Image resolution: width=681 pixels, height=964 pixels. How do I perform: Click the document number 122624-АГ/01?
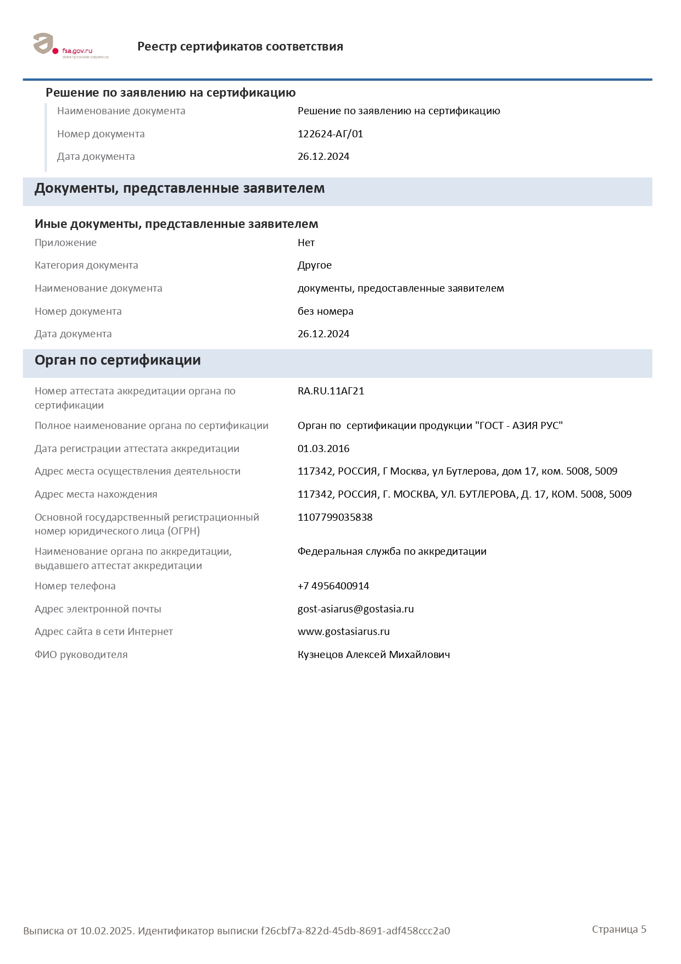[x=330, y=134]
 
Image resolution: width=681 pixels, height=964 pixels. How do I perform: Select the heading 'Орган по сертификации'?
[x=118, y=360]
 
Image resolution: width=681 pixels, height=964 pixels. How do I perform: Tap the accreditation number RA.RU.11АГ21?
[x=331, y=391]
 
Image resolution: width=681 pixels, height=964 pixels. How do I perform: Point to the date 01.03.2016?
[x=323, y=449]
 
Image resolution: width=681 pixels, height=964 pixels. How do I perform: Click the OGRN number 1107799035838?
[x=335, y=517]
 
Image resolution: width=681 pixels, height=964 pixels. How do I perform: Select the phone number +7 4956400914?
[x=333, y=586]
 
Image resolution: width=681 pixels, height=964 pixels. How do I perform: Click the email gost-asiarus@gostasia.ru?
[x=356, y=609]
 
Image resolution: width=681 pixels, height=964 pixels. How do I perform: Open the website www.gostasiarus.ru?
[x=344, y=632]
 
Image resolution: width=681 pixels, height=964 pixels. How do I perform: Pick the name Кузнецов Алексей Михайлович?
[x=373, y=655]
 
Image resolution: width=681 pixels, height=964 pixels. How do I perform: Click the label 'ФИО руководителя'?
[x=81, y=655]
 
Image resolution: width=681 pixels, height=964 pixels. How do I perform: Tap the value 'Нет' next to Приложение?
[x=306, y=243]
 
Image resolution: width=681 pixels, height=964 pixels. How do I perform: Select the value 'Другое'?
[x=315, y=265]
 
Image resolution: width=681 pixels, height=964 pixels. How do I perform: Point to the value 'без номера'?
[x=326, y=311]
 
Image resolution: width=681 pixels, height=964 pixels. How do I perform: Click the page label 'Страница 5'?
[x=619, y=929]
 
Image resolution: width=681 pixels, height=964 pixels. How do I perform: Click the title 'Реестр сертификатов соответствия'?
[x=240, y=47]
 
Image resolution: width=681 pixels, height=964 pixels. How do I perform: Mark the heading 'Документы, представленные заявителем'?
[x=180, y=188]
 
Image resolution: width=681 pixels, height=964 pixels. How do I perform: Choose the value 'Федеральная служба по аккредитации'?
[x=392, y=551]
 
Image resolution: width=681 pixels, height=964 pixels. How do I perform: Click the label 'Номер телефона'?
[x=75, y=586]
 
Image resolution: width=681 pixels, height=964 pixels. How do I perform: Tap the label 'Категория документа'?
[x=86, y=265]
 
